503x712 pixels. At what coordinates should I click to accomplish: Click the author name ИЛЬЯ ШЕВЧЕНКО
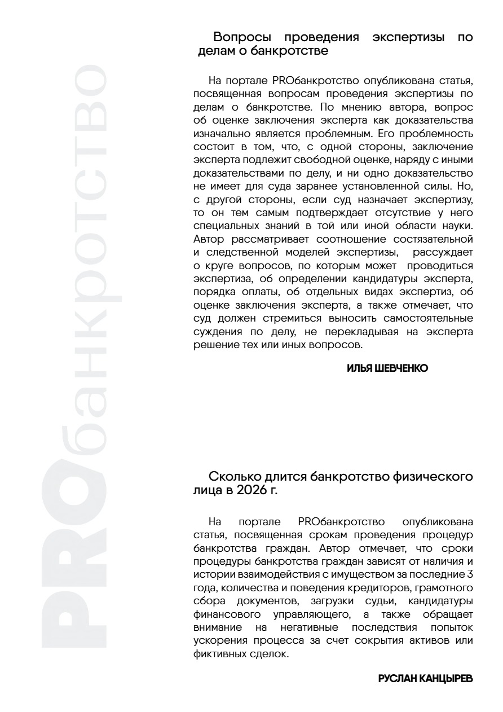coord(387,368)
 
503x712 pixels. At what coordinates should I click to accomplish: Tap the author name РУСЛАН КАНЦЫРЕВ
coord(425,679)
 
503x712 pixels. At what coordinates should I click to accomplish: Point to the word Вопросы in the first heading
coord(242,38)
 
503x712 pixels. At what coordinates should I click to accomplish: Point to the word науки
coord(457,227)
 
